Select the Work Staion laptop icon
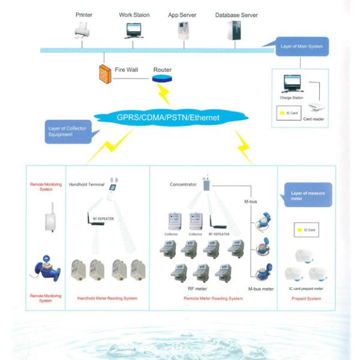pos(134,30)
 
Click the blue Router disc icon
pos(161,79)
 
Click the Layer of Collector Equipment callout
pos(65,131)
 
